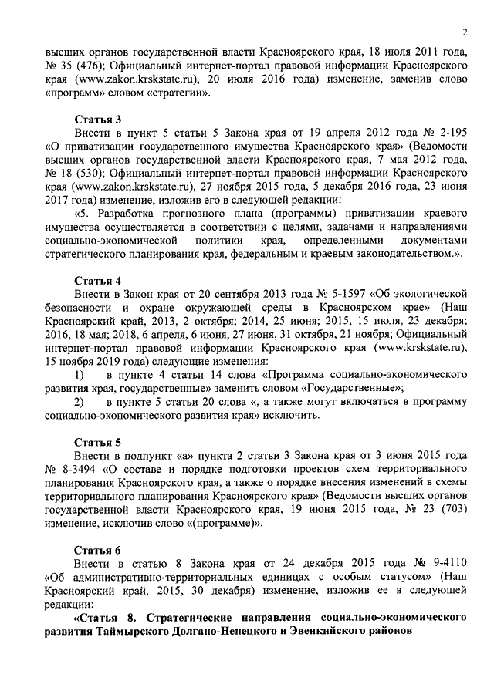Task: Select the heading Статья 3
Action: click(98, 120)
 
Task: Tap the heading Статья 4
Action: click(98, 279)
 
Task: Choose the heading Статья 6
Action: click(98, 550)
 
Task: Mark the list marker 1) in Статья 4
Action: click(78, 374)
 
